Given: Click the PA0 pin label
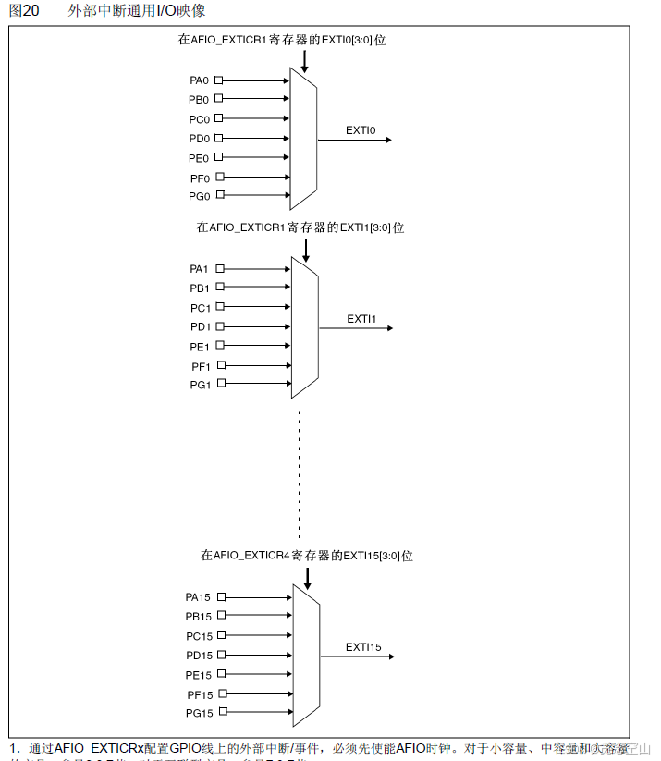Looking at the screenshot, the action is tap(200, 80).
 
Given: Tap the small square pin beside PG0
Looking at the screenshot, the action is tap(219, 196).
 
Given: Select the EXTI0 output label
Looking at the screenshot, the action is tap(361, 130).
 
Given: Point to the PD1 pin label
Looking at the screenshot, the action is tap(201, 327).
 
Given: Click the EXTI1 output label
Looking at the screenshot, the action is tap(361, 319).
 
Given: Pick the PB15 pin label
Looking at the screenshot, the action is tap(199, 617).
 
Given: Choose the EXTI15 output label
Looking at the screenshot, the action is tap(363, 647).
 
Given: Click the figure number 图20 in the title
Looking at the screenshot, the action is tap(23, 11).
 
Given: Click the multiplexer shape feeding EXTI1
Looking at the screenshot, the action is tap(305, 327).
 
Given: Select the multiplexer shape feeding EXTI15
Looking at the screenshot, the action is tap(306, 656).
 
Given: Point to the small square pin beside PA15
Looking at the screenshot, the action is tap(221, 598).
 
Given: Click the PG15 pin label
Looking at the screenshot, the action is tap(199, 714).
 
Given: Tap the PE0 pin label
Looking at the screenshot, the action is tap(200, 158).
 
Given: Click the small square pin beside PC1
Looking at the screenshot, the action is tap(220, 307).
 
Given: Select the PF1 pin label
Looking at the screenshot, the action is tap(202, 366).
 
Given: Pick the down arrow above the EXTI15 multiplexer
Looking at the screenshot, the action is tap(307, 576).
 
